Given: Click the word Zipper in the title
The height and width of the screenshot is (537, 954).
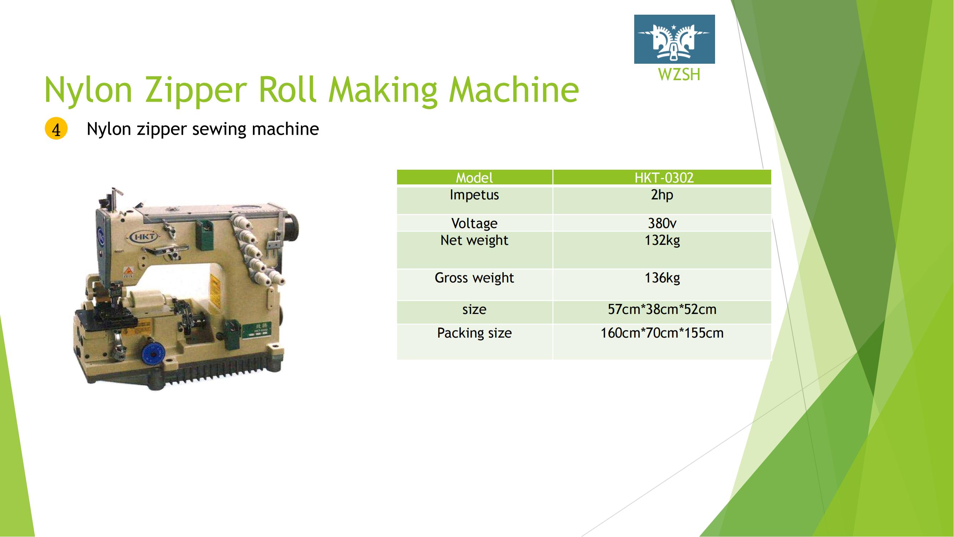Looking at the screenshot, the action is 196,90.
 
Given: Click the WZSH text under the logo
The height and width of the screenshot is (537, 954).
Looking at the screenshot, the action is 679,74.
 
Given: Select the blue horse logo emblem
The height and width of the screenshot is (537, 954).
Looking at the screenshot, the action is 674,39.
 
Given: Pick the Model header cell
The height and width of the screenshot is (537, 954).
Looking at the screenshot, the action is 474,178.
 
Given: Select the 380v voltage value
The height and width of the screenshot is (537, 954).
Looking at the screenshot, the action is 662,223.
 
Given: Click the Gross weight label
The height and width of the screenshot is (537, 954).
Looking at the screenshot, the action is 474,278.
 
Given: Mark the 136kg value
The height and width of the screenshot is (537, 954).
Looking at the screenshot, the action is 662,278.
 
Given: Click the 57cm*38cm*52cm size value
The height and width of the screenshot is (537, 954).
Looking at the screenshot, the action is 662,309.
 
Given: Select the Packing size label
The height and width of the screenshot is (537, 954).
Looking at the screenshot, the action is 474,333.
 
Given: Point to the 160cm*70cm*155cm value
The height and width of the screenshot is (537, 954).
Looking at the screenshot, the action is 662,333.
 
